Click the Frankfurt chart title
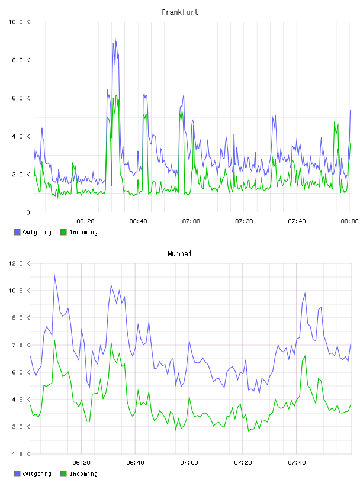click(180, 12)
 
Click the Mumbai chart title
click(179, 253)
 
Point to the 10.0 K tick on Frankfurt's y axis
click(19, 22)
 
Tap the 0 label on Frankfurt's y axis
click(28, 212)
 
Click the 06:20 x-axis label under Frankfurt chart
click(85, 221)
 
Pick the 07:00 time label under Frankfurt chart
click(191, 221)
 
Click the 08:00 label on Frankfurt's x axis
click(349, 221)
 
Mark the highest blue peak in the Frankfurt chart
click(115, 40)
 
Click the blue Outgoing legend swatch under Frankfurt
click(17, 232)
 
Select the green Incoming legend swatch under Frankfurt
click(63, 232)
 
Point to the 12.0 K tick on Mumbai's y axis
click(19, 263)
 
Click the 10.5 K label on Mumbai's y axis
click(19, 291)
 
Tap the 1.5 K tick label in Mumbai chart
click(21, 454)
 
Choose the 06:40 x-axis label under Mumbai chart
click(136, 463)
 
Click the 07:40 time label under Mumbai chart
click(297, 463)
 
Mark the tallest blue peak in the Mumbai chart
click(54, 275)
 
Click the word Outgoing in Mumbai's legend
click(37, 474)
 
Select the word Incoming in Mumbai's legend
click(83, 474)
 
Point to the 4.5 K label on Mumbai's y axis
click(21, 400)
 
